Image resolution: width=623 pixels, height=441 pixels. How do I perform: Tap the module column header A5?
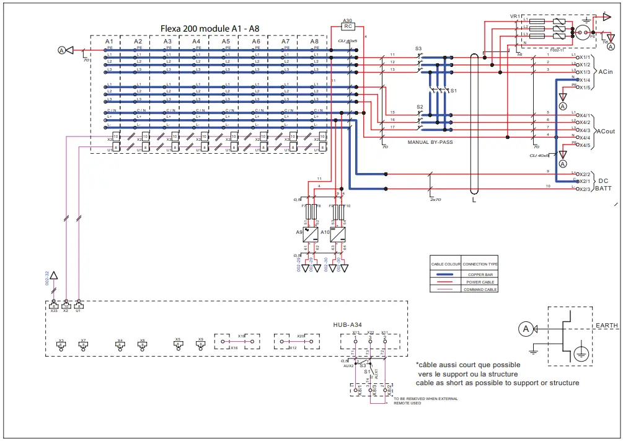coord(226,41)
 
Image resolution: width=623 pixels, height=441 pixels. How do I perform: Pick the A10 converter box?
coord(338,235)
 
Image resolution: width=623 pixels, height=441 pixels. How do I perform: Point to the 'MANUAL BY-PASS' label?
coord(430,142)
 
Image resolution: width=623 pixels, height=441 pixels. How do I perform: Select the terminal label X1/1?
coord(583,56)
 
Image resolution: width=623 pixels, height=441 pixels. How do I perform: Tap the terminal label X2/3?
coord(583,189)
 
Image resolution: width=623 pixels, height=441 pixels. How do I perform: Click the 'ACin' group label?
coord(606,72)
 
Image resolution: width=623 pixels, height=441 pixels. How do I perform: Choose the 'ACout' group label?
coord(606,131)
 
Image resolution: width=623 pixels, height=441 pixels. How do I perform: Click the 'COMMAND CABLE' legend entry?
coord(480,289)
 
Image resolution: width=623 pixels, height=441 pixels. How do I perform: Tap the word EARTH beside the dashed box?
coord(606,325)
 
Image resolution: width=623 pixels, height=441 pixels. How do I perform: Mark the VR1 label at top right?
coord(514,16)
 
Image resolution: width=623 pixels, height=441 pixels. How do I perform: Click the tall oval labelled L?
coord(475,124)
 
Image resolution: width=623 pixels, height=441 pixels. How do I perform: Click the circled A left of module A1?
coord(61,49)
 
